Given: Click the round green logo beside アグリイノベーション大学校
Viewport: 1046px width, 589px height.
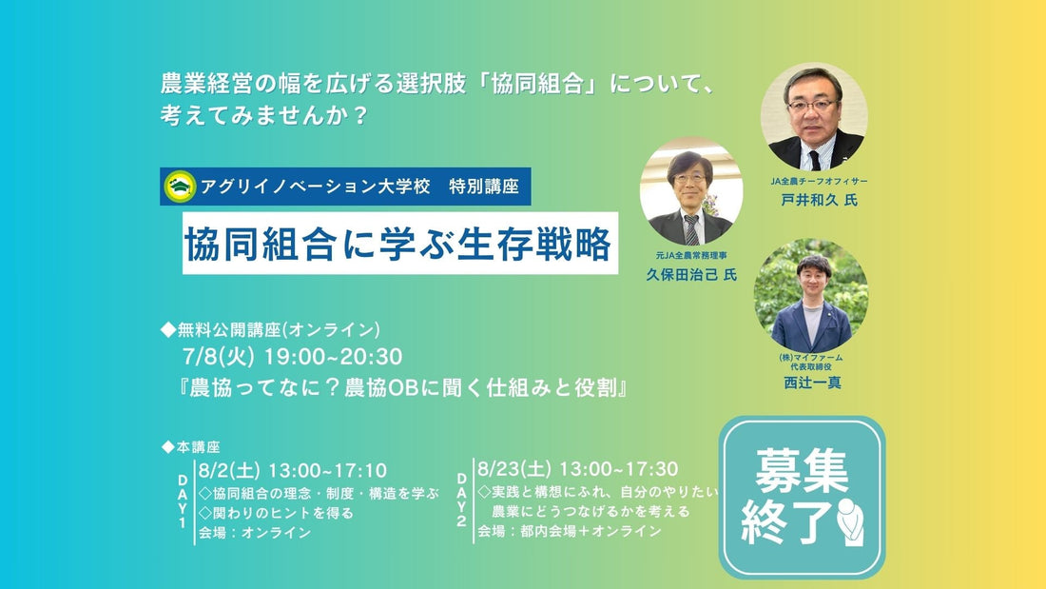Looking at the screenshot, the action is (180, 187).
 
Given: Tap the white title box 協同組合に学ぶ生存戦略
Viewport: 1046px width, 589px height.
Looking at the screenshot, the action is (400, 243).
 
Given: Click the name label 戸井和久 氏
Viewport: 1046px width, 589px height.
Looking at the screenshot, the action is (819, 200).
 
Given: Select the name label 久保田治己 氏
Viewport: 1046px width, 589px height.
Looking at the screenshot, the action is (691, 274).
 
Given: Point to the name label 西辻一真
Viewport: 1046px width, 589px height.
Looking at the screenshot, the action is (812, 383).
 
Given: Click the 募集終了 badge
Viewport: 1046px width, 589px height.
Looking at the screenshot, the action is (802, 497).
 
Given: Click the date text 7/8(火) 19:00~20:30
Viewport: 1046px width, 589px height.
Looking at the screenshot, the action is (292, 357).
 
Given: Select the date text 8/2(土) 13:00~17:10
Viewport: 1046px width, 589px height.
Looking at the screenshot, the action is (292, 471).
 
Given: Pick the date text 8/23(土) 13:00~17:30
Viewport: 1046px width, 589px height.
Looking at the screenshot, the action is (578, 469).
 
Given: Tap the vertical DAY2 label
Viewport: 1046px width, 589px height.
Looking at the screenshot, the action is (461, 500).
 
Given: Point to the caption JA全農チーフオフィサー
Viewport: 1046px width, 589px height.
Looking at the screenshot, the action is (819, 181).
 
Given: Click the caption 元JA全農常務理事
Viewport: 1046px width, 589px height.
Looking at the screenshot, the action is (691, 256).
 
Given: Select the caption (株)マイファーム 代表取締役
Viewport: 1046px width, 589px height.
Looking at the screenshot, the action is (811, 362).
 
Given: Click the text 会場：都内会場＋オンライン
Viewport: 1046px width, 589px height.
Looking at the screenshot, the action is (569, 531).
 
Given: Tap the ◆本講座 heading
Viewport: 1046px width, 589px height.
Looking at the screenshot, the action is (191, 447).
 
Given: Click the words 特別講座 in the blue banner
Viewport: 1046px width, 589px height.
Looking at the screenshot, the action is (484, 187).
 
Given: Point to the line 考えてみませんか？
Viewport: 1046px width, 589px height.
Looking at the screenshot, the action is (264, 115).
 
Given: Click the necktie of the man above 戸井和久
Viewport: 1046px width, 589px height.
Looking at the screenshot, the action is (815, 160).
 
